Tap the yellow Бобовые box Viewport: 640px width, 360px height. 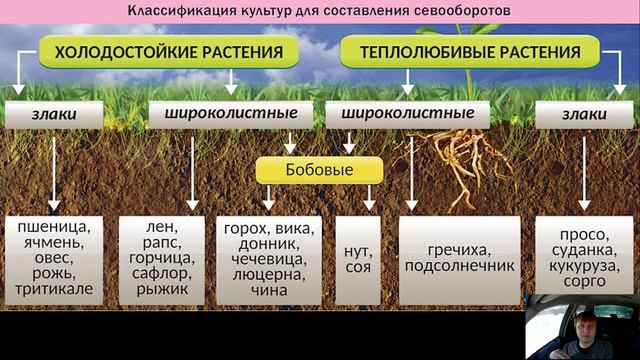click(x=319, y=170)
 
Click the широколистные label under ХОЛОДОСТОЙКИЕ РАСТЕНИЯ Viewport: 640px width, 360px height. click(x=213, y=114)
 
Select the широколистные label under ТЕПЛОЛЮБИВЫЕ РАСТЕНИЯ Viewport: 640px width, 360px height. click(x=408, y=114)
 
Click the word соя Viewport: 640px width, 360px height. click(x=358, y=266)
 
